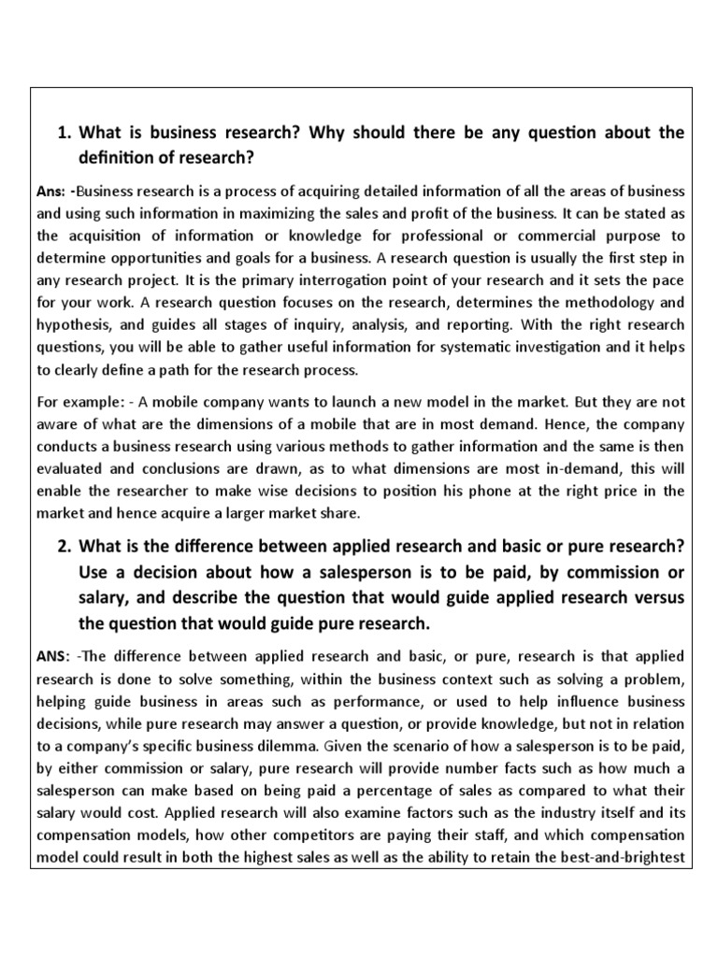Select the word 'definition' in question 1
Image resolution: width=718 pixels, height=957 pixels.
[x=117, y=156]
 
